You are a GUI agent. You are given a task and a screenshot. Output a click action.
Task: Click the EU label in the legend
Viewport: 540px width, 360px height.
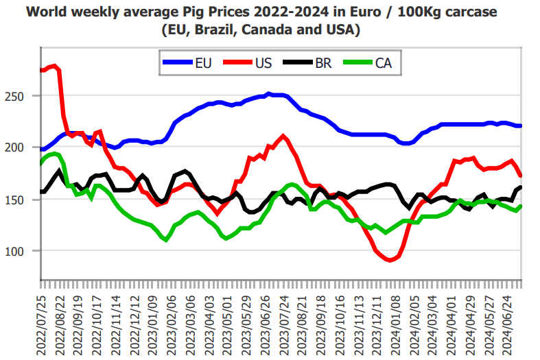click(x=204, y=64)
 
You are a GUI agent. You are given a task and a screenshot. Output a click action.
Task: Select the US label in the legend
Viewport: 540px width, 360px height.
click(x=263, y=64)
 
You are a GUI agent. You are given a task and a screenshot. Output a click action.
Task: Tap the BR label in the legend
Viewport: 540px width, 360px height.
click(x=324, y=64)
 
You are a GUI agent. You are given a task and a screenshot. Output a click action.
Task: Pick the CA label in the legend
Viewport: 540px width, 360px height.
click(x=384, y=64)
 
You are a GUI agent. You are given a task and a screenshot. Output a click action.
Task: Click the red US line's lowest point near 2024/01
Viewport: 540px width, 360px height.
click(x=390, y=261)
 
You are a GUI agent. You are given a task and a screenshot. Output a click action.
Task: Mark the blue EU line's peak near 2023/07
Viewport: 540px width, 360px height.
click(x=268, y=94)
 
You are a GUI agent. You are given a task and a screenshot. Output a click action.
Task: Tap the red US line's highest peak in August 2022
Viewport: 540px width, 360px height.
click(x=55, y=66)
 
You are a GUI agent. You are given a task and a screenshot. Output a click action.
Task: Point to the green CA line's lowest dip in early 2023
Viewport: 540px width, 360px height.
click(x=165, y=239)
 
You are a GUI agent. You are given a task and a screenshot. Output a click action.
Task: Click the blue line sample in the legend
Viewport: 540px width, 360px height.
click(x=176, y=64)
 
